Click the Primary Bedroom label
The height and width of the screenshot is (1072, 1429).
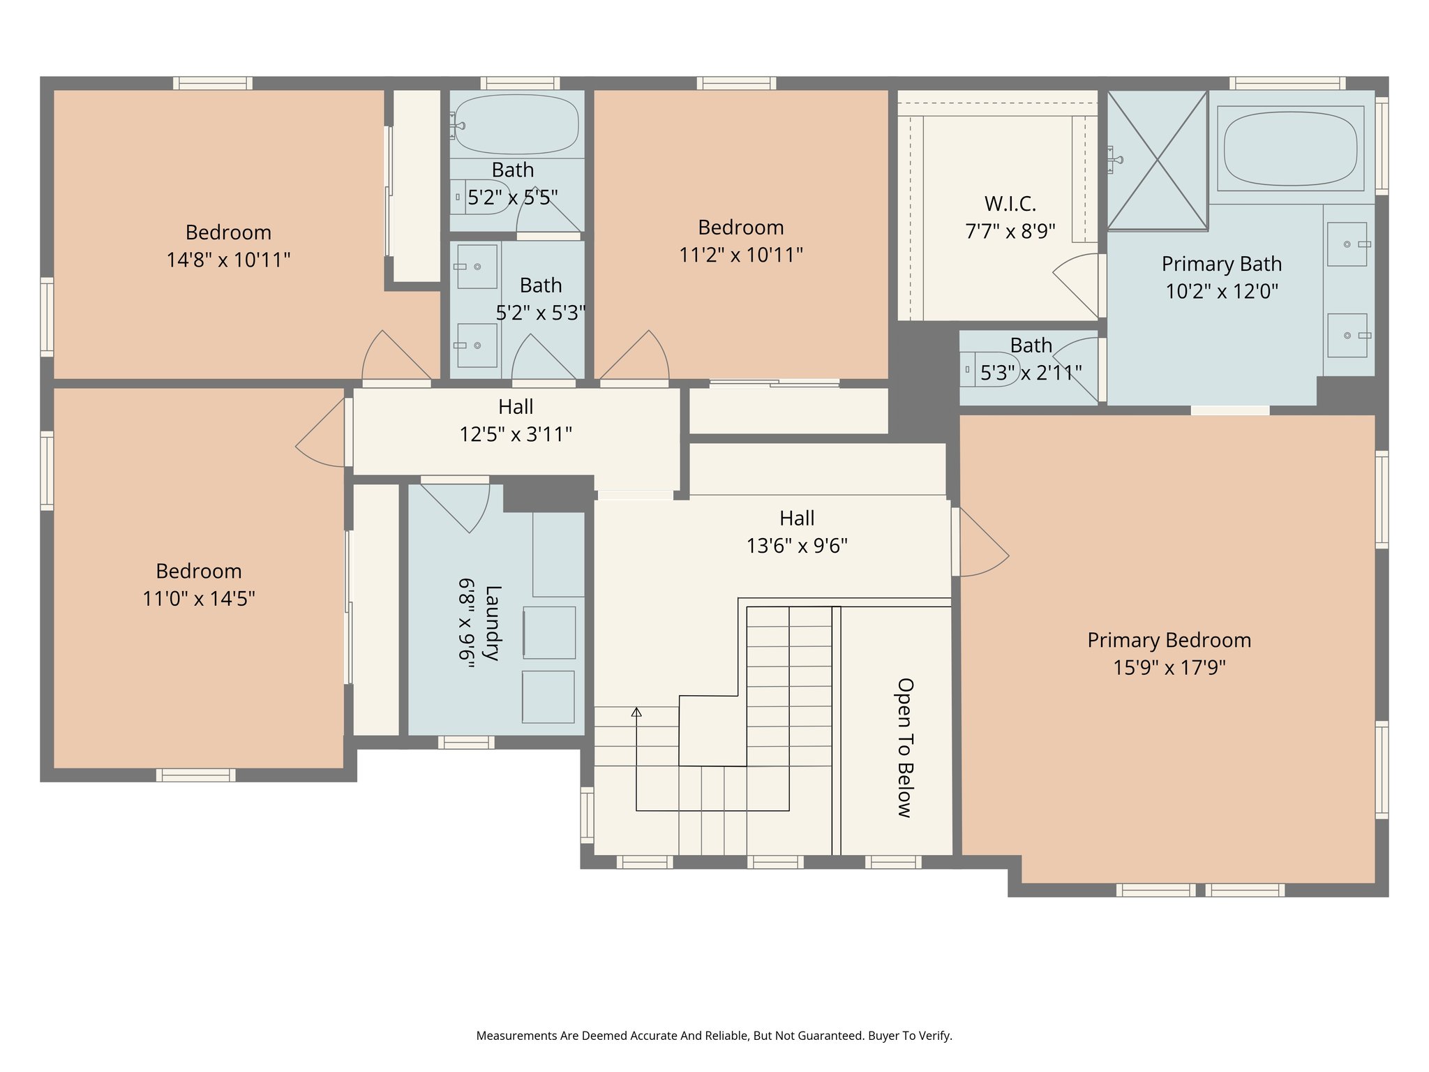pyautogui.click(x=1169, y=640)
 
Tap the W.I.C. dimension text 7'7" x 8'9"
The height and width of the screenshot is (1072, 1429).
pyautogui.click(x=1010, y=231)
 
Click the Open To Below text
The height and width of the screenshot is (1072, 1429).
pyautogui.click(x=905, y=747)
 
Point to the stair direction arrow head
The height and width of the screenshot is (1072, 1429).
pyautogui.click(x=636, y=712)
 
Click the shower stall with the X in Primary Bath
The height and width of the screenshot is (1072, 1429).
pyautogui.click(x=1157, y=161)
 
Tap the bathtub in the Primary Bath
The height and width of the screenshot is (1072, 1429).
pyautogui.click(x=1290, y=149)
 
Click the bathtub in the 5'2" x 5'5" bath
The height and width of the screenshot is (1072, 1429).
pyautogui.click(x=516, y=124)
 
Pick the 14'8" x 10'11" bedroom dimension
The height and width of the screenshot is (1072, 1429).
pyautogui.click(x=228, y=260)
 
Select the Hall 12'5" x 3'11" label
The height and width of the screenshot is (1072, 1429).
pyautogui.click(x=516, y=407)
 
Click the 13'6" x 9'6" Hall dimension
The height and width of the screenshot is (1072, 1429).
pyautogui.click(x=797, y=546)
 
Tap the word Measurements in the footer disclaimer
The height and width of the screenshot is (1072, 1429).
pyautogui.click(x=516, y=1036)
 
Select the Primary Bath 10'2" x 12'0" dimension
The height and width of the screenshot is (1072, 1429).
pyautogui.click(x=1221, y=291)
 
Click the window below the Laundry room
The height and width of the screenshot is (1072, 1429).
pyautogui.click(x=466, y=743)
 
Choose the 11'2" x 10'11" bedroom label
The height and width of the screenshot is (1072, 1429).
pyautogui.click(x=740, y=228)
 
